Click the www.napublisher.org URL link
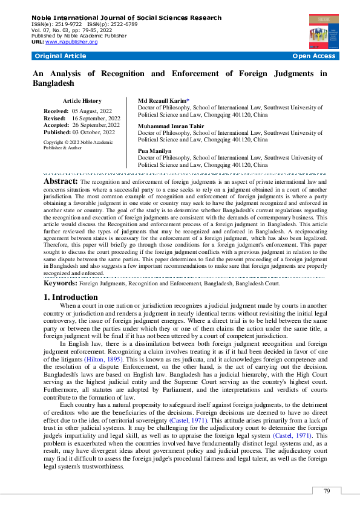pos(71,42)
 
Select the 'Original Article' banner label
pos(61,56)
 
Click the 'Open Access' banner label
pos(313,56)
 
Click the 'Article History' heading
pos(82,101)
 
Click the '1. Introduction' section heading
pos(71,297)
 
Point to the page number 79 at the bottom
pos(327,491)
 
